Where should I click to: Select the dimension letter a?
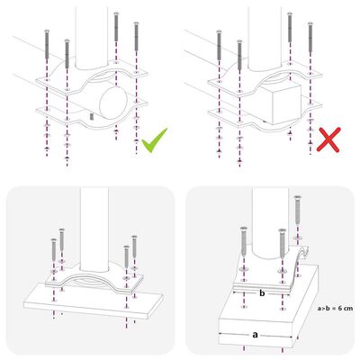(x=255, y=333)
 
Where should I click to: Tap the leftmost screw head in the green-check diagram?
(x=43, y=31)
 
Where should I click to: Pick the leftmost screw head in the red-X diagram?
(x=219, y=31)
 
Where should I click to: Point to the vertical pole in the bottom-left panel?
(x=93, y=225)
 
